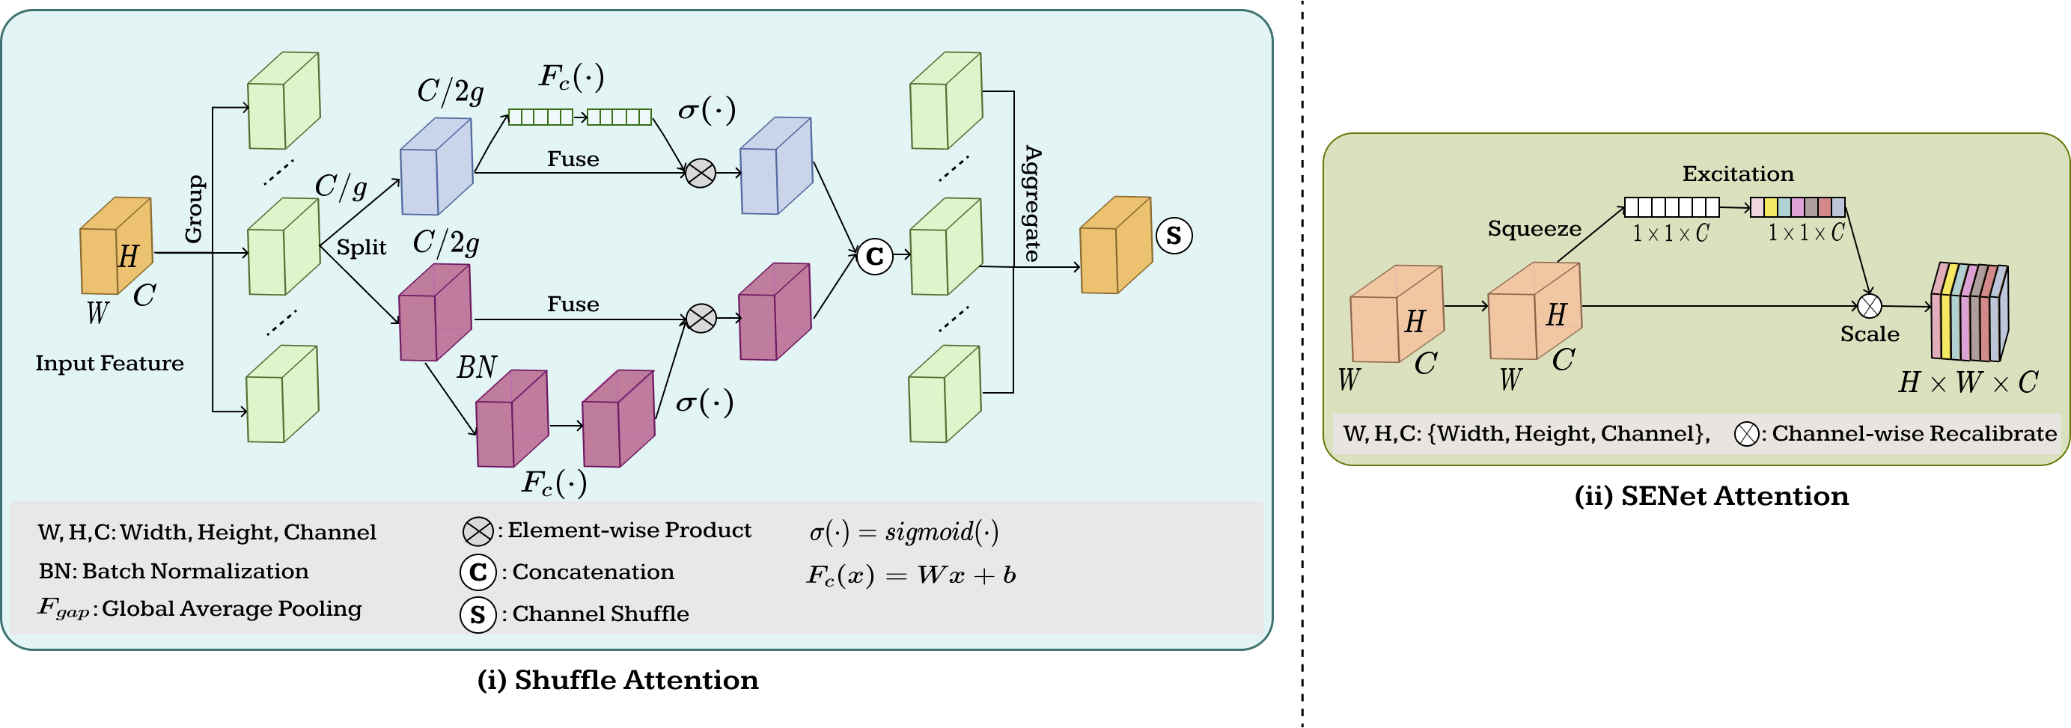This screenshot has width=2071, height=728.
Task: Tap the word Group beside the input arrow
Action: (x=194, y=209)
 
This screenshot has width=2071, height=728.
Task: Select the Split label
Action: (x=361, y=248)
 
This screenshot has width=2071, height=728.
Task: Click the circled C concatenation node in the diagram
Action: (x=874, y=257)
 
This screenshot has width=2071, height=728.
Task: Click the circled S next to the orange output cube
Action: (x=1173, y=236)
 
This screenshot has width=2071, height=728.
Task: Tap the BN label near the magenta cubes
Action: (x=477, y=367)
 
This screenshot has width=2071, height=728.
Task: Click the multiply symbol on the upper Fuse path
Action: (x=701, y=173)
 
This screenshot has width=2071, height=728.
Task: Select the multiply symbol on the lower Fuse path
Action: (x=701, y=318)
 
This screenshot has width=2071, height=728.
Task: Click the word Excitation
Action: (x=1737, y=174)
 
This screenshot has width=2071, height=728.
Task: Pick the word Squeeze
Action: (x=1534, y=229)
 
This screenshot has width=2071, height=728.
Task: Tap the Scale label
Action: (x=1869, y=334)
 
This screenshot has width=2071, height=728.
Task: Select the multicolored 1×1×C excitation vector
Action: (x=1797, y=207)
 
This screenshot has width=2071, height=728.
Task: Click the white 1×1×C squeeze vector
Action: (x=1671, y=207)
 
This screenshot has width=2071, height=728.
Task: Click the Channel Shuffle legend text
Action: (x=600, y=614)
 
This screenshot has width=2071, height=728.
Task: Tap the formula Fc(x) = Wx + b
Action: (x=911, y=575)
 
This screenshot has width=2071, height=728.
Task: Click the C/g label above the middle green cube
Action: (x=340, y=187)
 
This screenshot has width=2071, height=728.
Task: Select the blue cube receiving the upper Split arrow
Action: (x=436, y=167)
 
